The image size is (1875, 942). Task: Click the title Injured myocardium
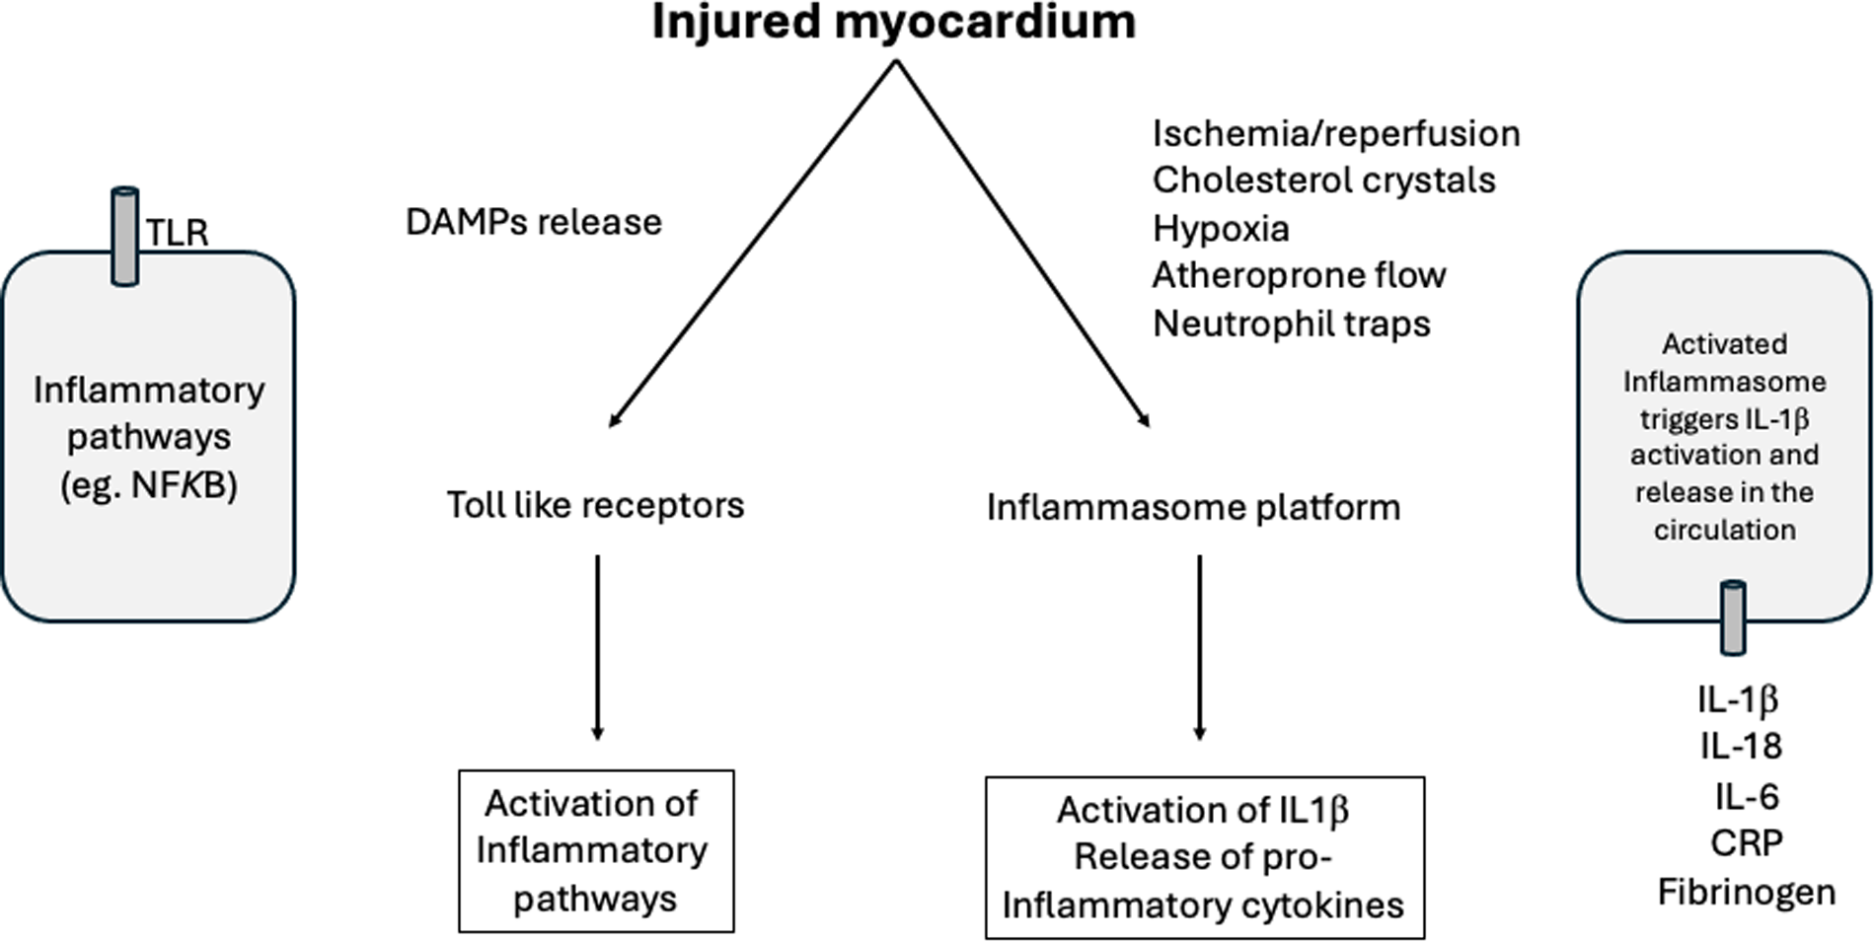893,22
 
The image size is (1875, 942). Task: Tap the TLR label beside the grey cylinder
178,233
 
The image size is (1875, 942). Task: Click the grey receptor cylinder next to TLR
124,237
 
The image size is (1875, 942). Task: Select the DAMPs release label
533,222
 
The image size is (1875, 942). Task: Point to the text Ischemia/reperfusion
1335,133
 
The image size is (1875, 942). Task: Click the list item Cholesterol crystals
1323,181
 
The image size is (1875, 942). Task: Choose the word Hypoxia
1221,229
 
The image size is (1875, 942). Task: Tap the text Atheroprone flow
1299,275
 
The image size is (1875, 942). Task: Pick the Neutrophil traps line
1291,324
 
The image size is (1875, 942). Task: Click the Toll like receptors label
595,505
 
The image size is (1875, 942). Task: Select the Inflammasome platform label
1193,507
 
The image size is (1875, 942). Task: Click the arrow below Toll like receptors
597,646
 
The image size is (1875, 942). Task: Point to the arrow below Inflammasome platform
1199,646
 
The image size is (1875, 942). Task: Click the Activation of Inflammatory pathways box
596,850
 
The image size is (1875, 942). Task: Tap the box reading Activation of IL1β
1204,857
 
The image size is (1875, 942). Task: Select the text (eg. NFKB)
149,485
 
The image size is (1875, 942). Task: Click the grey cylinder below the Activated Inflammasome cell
1733,618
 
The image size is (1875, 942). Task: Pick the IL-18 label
1741,747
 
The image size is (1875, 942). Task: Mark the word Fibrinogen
1746,892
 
